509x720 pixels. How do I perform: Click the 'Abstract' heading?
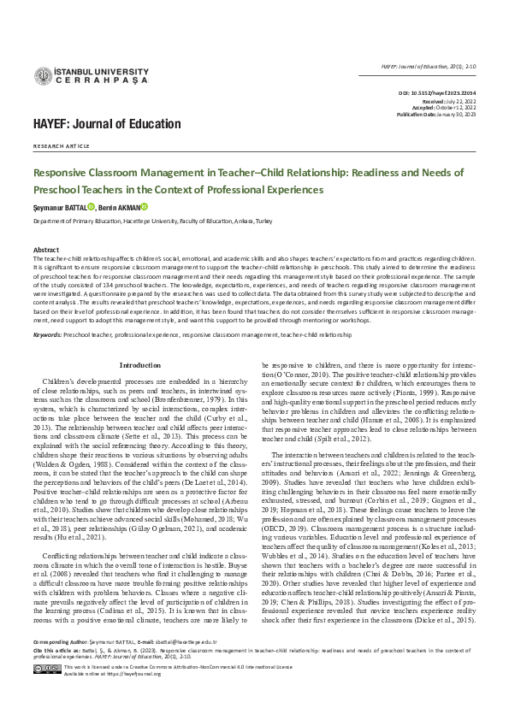click(46, 249)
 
